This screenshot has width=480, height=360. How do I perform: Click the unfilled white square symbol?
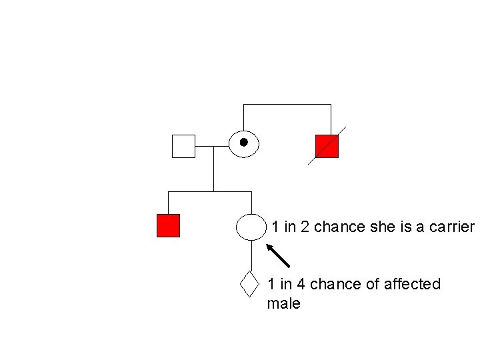pyautogui.click(x=183, y=146)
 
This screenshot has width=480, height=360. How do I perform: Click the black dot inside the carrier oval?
pyautogui.click(x=244, y=142)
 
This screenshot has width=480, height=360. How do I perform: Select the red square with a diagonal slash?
pyautogui.click(x=327, y=146)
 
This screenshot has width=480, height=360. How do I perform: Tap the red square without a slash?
pyautogui.click(x=168, y=226)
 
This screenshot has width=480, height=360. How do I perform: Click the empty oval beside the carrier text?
pyautogui.click(x=251, y=227)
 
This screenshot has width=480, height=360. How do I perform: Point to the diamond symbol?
pyautogui.click(x=249, y=284)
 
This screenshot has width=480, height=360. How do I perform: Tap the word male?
pyautogui.click(x=283, y=304)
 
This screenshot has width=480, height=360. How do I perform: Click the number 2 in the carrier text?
pyautogui.click(x=305, y=227)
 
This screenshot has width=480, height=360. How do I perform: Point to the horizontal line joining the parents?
pyautogui.click(x=212, y=146)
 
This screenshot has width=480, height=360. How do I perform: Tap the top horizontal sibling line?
pyautogui.click(x=287, y=105)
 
